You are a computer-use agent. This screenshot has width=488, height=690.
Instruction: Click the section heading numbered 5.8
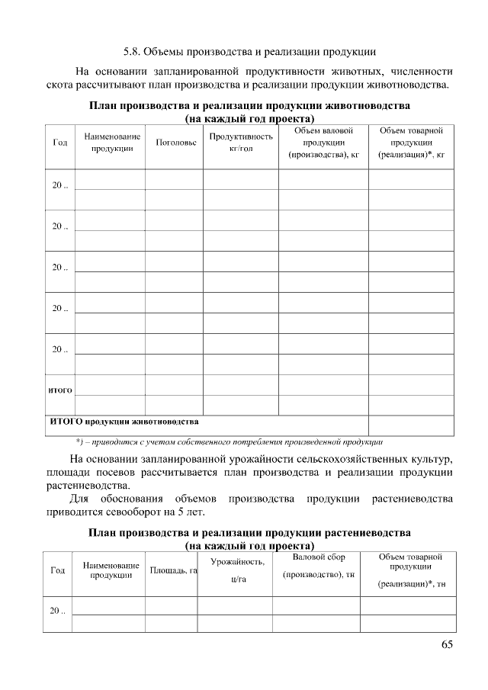tap(249, 53)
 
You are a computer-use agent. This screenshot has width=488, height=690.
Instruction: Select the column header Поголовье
tap(175, 143)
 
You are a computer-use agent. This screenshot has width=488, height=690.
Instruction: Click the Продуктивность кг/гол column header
tap(240, 143)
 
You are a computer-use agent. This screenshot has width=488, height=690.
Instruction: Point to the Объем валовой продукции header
tap(323, 143)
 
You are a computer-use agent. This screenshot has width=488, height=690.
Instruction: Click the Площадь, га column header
tap(173, 570)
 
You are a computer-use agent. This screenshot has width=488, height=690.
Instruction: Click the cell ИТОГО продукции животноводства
tap(124, 421)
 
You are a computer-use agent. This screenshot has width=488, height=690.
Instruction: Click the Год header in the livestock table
tap(59, 143)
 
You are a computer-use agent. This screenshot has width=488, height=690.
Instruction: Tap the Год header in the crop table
tap(57, 570)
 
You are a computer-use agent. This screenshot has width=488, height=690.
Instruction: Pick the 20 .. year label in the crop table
tap(58, 611)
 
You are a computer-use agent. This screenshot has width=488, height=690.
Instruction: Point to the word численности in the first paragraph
tap(421, 70)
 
